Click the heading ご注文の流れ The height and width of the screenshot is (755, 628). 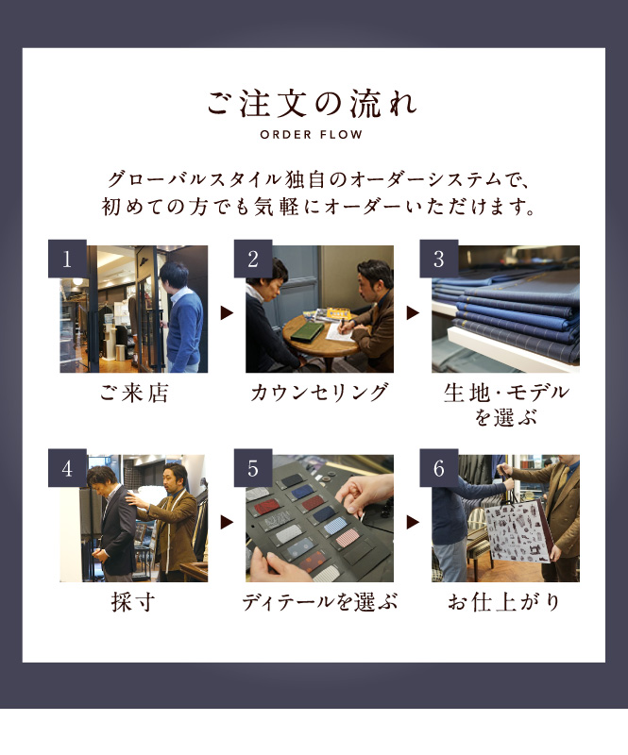click(x=312, y=103)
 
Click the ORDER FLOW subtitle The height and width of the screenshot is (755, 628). click(x=312, y=135)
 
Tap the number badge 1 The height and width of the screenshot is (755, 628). click(x=67, y=259)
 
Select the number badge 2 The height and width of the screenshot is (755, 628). click(x=253, y=259)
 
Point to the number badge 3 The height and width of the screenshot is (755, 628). click(x=438, y=259)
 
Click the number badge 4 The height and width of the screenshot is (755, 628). click(x=67, y=468)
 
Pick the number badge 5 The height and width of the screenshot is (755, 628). click(x=253, y=468)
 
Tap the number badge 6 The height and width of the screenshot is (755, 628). click(x=438, y=468)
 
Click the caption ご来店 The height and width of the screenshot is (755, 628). click(x=134, y=393)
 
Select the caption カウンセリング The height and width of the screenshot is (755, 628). click(x=319, y=393)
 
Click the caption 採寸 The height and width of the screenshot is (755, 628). click(x=133, y=602)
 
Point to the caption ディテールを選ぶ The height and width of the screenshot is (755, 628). click(x=319, y=602)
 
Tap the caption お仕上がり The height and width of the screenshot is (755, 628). click(x=504, y=602)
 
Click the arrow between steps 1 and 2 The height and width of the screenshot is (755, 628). click(x=227, y=313)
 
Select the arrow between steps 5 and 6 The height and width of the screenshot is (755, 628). click(x=413, y=522)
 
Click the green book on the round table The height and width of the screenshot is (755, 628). click(x=308, y=331)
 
